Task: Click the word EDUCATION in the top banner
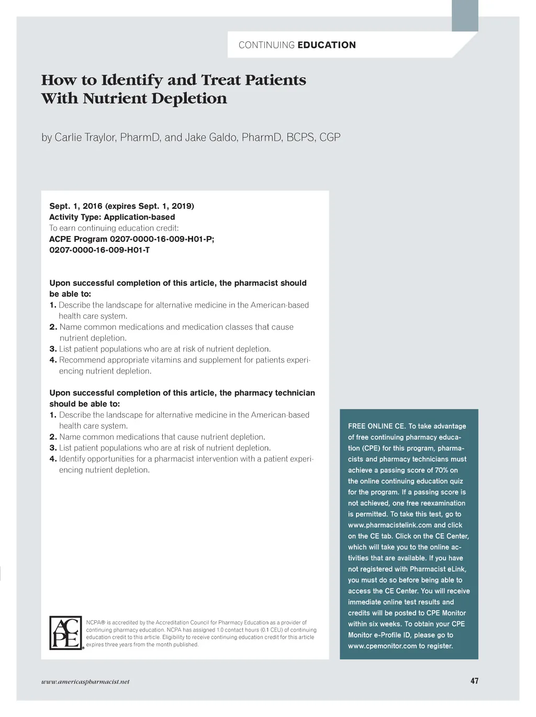[x=327, y=45]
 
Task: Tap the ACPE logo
[x=66, y=633]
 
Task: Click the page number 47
[x=474, y=681]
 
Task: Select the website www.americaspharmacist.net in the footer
[x=85, y=682]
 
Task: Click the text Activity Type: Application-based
[x=112, y=217]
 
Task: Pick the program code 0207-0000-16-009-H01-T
[x=99, y=250]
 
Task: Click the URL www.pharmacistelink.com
[x=390, y=525]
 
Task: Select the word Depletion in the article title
[x=197, y=99]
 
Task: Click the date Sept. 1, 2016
[x=76, y=206]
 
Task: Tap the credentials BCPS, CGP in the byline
[x=313, y=137]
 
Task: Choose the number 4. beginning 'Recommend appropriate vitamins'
[x=53, y=360]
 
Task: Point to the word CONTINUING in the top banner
[x=266, y=45]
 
